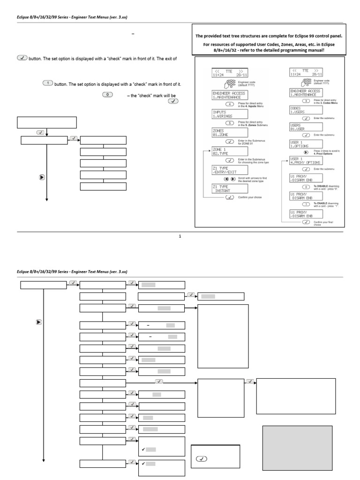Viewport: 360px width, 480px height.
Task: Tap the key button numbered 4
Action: click(229, 104)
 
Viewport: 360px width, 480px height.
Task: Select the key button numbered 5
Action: click(229, 122)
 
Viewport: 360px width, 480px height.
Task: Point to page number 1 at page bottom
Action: click(180, 236)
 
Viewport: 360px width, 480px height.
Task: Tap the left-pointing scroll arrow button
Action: click(226, 179)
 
